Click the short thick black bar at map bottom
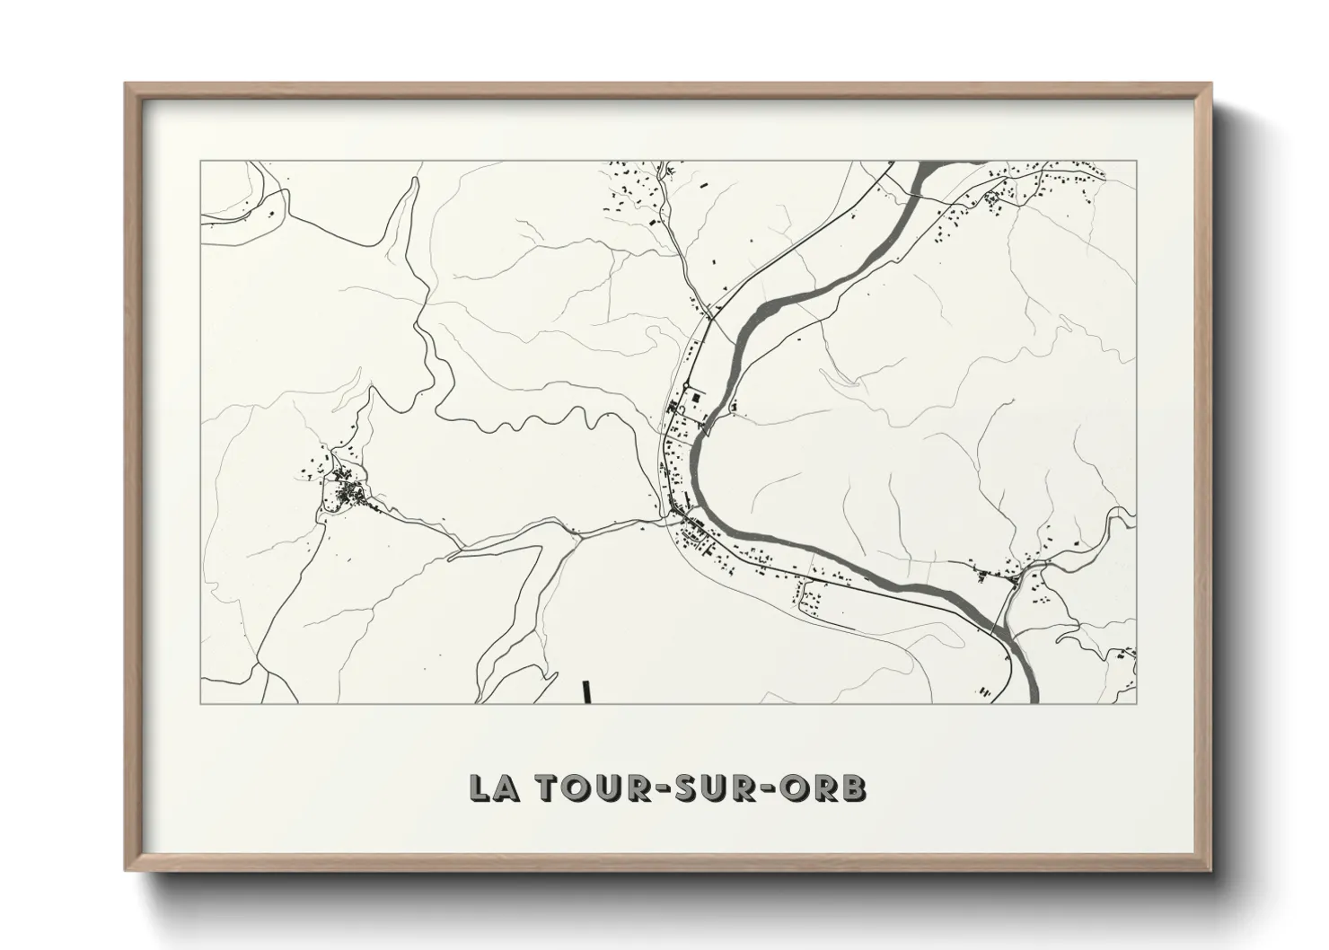(x=585, y=691)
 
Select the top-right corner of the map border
(x=1136, y=162)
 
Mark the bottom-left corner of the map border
(x=200, y=703)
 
